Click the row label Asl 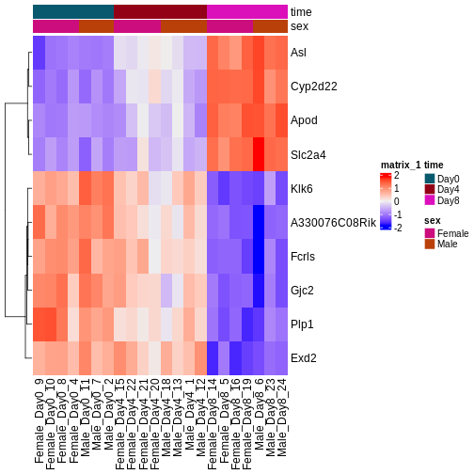pyautogui.click(x=299, y=53)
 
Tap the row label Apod pyautogui.click(x=305, y=120)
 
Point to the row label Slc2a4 pyautogui.click(x=309, y=154)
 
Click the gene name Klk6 pyautogui.click(x=303, y=188)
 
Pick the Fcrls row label pyautogui.click(x=304, y=256)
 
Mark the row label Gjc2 pyautogui.click(x=303, y=290)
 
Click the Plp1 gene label pyautogui.click(x=303, y=324)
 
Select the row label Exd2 pyautogui.click(x=304, y=357)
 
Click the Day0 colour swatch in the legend pyautogui.click(x=430, y=178)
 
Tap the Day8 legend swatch pyautogui.click(x=430, y=200)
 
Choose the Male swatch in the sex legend pyautogui.click(x=430, y=244)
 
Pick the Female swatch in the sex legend pyautogui.click(x=430, y=232)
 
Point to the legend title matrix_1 pyautogui.click(x=401, y=165)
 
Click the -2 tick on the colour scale pyautogui.click(x=397, y=228)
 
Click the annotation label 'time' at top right pyautogui.click(x=302, y=11)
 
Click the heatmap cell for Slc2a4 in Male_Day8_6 pyautogui.click(x=259, y=154)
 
